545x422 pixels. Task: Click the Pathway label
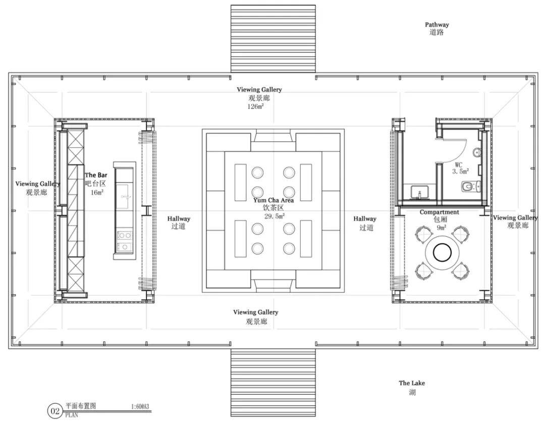click(437, 25)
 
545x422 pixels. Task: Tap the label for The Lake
click(412, 383)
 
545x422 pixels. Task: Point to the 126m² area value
click(255, 107)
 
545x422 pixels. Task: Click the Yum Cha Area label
click(274, 200)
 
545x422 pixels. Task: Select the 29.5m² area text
click(275, 216)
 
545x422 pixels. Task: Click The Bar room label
click(96, 175)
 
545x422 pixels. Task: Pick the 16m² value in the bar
click(97, 192)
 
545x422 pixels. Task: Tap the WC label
click(458, 165)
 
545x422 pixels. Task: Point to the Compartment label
click(440, 212)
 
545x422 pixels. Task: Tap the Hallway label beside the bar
click(179, 219)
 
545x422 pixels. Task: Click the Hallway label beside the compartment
click(365, 219)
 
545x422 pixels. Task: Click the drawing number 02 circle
click(56, 411)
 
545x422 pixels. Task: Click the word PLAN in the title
click(72, 415)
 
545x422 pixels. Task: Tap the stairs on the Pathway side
click(273, 38)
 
